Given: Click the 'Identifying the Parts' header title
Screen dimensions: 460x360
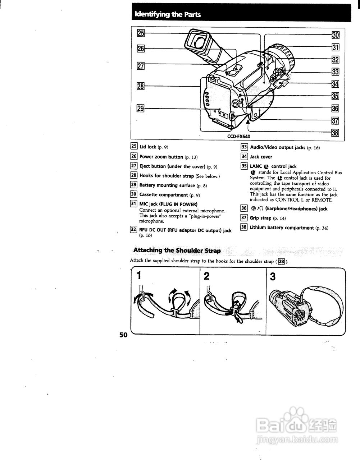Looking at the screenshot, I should coord(167,15).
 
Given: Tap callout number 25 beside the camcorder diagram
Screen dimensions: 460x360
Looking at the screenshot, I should coord(141,33).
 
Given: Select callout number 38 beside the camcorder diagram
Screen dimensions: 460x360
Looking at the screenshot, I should coord(335,133).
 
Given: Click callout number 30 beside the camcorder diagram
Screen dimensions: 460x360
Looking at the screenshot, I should coord(335,35).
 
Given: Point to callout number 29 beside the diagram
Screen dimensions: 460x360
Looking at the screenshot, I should coord(141,108).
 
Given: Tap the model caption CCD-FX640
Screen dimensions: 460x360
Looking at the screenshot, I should coord(238,137).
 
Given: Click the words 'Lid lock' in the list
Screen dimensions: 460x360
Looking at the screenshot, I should coord(148,147).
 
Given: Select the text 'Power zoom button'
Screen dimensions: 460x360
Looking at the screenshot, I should coord(161,157).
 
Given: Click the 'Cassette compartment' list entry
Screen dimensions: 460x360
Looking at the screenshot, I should coord(164,195).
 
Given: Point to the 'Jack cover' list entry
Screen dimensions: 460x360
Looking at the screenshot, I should coord(261,157).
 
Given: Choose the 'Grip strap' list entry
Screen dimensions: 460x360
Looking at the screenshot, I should coord(260,218).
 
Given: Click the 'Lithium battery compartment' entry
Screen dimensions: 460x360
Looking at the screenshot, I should coord(282,227).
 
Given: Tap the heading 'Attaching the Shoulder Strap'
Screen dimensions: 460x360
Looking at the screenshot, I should coord(177,250).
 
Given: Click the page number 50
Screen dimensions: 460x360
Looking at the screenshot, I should coord(123,335).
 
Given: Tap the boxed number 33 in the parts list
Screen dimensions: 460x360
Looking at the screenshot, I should coord(244,147).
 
